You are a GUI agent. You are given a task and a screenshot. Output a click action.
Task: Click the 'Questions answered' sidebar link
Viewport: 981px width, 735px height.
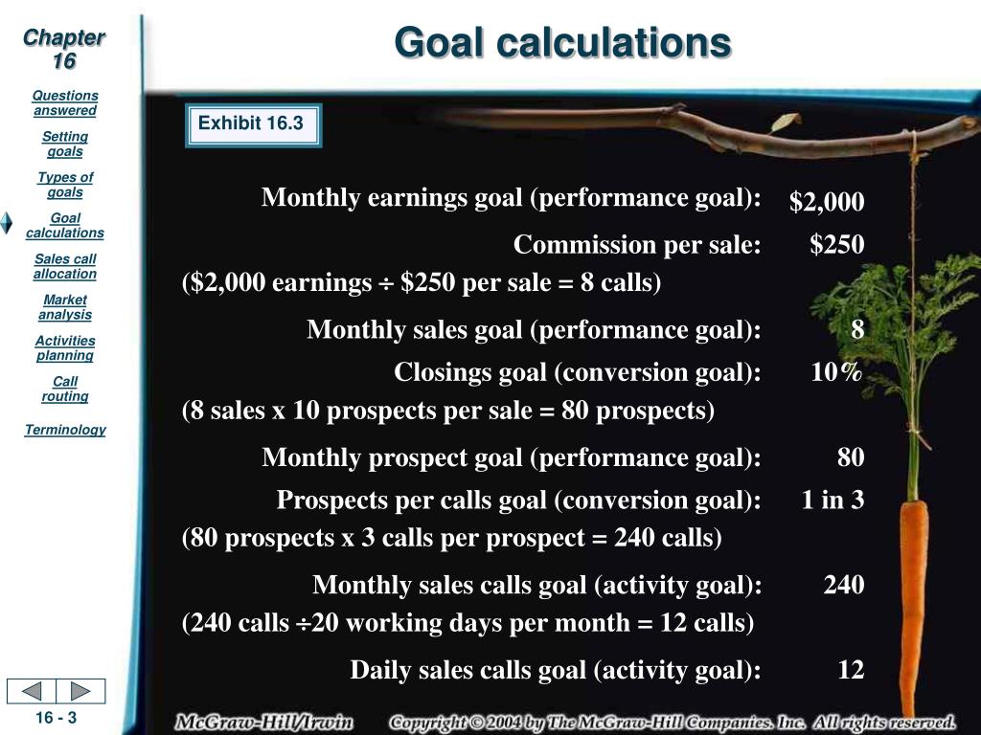[65, 103]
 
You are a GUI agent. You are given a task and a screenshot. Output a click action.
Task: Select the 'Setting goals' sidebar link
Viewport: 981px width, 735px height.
[65, 144]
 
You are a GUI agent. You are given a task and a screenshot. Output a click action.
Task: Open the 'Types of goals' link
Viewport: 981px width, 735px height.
[65, 185]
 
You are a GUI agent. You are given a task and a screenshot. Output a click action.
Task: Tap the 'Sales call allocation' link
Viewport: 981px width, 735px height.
[65, 266]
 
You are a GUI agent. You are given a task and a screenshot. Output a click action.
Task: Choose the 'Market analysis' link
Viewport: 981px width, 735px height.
[65, 307]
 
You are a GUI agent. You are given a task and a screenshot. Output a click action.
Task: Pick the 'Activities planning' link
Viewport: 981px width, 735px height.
[65, 348]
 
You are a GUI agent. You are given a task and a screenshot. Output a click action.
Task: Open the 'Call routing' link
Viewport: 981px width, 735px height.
[65, 389]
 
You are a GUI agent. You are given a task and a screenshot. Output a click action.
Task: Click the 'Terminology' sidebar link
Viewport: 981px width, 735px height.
[65, 430]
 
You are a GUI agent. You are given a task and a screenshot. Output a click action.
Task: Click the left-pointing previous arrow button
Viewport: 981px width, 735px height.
[32, 691]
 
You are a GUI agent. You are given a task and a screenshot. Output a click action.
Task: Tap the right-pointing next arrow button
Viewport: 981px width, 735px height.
[80, 691]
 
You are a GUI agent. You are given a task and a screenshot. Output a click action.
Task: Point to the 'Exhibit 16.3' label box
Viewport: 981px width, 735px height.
[253, 125]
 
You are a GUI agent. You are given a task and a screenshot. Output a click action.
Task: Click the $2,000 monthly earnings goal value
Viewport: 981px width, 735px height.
[827, 201]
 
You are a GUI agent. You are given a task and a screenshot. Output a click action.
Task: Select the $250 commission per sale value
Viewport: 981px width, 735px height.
[837, 244]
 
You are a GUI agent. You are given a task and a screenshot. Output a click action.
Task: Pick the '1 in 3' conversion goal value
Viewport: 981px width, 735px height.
[833, 500]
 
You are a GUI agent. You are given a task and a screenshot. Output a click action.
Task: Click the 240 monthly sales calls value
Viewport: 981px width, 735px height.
[844, 585]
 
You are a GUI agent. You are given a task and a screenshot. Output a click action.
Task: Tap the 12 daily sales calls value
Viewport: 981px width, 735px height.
[851, 669]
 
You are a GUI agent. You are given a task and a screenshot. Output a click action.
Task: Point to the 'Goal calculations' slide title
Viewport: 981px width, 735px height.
[562, 42]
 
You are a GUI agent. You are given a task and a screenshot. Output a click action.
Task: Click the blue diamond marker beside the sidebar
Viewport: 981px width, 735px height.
[7, 223]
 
